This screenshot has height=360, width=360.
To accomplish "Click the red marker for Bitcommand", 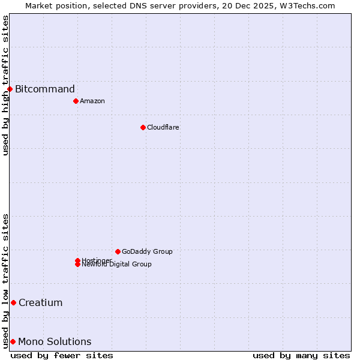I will (10, 89).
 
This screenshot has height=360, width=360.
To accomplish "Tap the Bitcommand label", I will (45, 89).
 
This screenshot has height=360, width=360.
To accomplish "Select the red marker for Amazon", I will (76, 101).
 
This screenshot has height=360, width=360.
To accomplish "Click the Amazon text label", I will (92, 101).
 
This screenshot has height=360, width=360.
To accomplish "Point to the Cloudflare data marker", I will (143, 127).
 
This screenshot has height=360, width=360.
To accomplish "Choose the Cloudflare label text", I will (163, 127).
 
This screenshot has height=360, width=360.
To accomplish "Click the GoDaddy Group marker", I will (118, 251).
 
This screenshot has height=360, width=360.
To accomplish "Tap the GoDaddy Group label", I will (147, 251).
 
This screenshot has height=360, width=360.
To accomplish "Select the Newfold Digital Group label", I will (117, 265).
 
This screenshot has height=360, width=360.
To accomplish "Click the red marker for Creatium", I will (13, 302).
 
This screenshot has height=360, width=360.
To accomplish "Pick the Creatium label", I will (40, 302).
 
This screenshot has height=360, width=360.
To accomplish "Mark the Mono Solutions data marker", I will (13, 342).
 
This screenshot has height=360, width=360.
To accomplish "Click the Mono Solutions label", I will (55, 342).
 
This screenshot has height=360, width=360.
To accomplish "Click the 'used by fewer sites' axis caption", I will (62, 355).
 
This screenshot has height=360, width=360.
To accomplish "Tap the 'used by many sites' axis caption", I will (301, 355).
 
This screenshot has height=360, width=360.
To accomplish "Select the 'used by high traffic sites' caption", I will (6, 85).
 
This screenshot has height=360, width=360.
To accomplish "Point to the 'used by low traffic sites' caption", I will (6, 281).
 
